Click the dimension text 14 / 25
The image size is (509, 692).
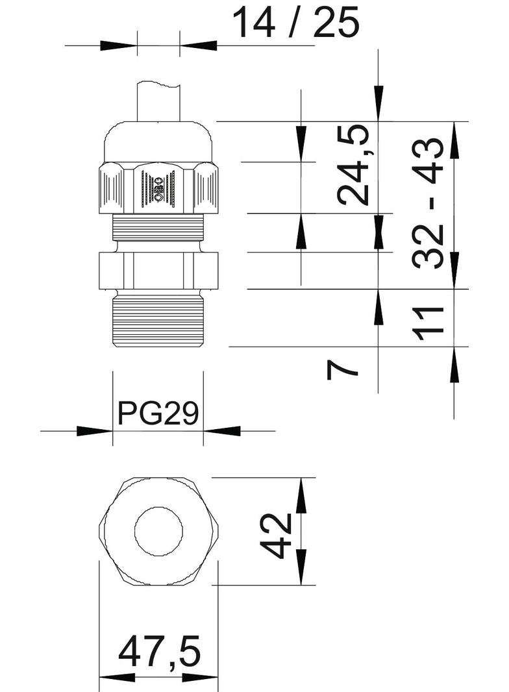coord(295,23)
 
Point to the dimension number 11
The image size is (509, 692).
coord(429,319)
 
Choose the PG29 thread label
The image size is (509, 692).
coord(158,413)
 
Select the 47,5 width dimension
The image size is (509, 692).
coord(160,653)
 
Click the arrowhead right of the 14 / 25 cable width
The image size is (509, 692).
coord(199,45)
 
